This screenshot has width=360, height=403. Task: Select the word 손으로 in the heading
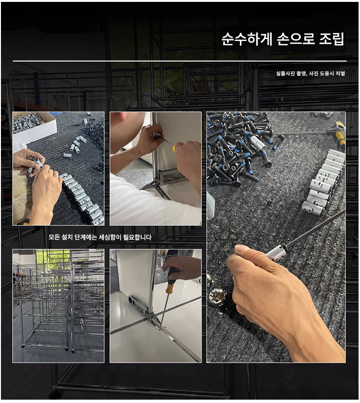(x=296, y=39)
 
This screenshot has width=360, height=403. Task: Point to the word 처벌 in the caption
(x=340, y=73)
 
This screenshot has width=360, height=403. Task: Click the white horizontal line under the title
(x=180, y=61)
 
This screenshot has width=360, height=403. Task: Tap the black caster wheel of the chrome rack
(x=67, y=349)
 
